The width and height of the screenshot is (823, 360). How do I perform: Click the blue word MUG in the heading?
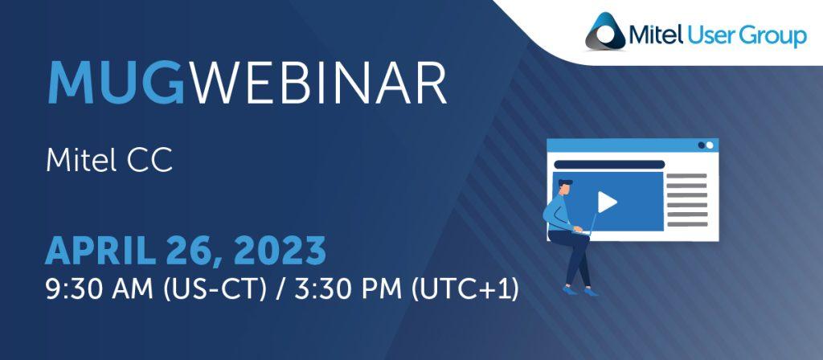116,84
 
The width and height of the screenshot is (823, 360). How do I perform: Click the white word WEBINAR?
318,84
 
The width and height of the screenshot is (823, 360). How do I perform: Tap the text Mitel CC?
109,160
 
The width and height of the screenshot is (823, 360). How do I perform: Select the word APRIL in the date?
100,251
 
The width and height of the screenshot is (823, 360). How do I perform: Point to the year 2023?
280,251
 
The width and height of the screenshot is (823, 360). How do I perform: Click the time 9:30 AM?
99,289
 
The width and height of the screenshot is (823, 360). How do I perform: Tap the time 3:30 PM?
347,289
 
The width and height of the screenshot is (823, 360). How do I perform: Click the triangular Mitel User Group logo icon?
605,31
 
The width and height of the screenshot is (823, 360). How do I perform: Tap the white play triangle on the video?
607,202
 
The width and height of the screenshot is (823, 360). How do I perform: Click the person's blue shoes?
580,291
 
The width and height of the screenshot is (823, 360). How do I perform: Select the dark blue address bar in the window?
609,164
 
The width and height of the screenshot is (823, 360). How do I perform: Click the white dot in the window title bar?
710,145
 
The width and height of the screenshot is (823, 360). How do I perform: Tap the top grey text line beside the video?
687,176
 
